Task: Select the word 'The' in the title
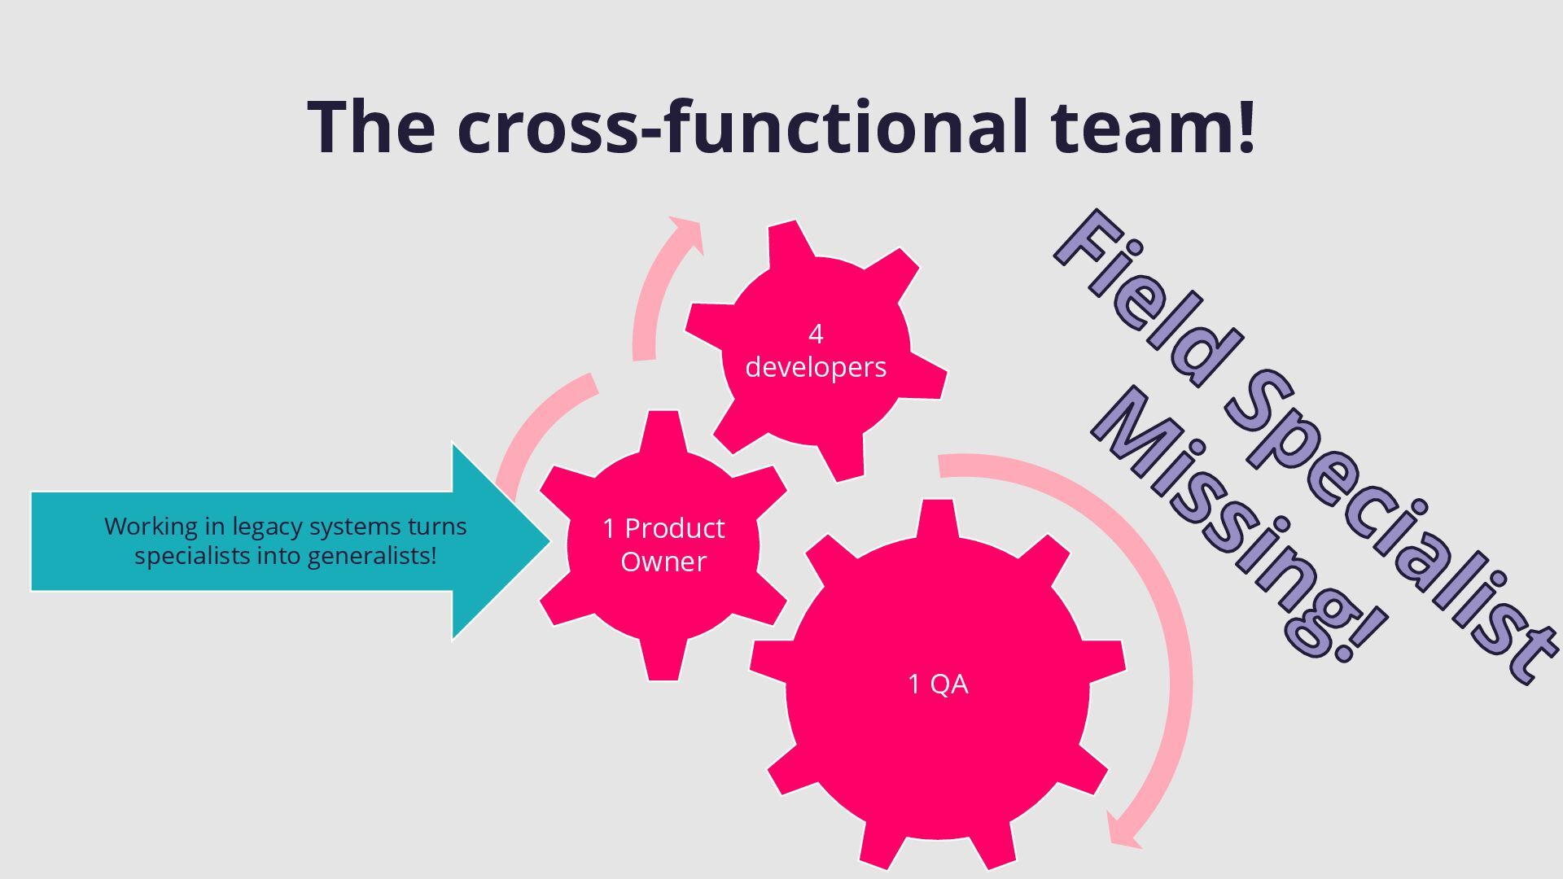tap(371, 127)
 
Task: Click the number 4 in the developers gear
tap(816, 334)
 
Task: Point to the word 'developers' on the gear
tap(816, 367)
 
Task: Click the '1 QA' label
tap(938, 684)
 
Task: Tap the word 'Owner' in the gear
tap(663, 562)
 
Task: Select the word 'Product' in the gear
tap(674, 528)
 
